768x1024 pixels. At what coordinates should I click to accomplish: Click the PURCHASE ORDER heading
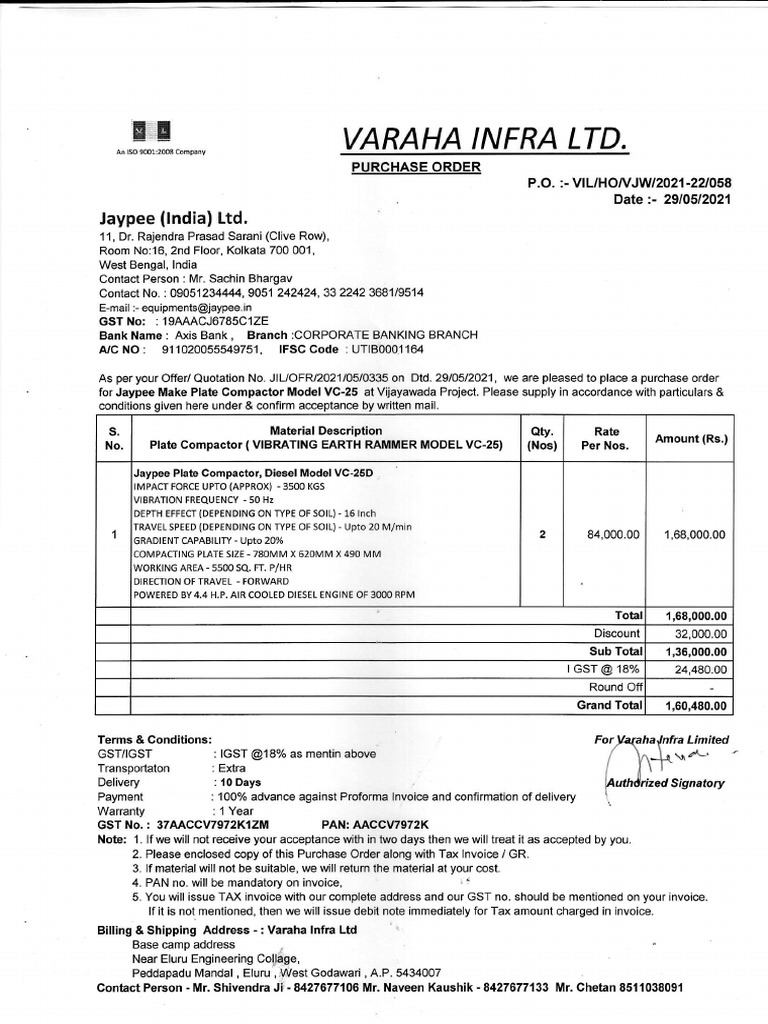tap(415, 166)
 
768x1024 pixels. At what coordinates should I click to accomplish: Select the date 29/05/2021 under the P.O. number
tap(697, 200)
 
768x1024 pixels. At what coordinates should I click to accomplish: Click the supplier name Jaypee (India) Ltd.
tap(173, 218)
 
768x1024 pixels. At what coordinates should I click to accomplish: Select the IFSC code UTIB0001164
tap(385, 350)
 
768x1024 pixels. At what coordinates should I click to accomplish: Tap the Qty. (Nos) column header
tap(542, 438)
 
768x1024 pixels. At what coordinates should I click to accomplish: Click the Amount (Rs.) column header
tap(691, 438)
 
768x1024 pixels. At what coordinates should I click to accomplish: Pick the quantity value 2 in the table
tap(542, 535)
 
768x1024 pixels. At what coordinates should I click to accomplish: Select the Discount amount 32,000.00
tap(696, 634)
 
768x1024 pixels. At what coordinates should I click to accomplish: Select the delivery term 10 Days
tap(240, 782)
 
